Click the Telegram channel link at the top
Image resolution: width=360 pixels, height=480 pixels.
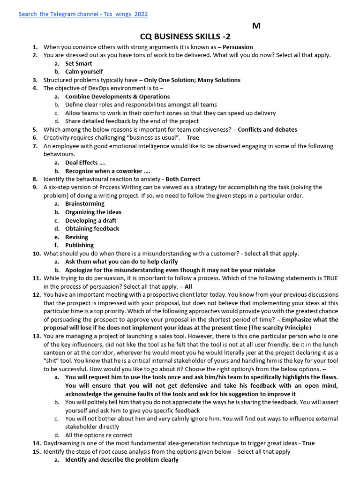[83, 14]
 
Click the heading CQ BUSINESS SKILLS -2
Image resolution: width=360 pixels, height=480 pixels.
[185, 37]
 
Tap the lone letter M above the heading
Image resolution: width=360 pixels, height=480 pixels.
[256, 26]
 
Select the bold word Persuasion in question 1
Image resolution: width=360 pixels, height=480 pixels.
[238, 47]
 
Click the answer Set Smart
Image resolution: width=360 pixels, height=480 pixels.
[78, 63]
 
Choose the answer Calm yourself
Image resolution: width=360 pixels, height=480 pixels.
[84, 72]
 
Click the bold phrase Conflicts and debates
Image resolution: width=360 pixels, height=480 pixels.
[267, 129]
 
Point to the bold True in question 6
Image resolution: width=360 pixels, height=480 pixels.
[193, 138]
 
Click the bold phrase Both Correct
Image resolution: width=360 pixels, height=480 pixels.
[183, 179]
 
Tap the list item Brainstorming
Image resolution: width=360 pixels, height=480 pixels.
[85, 204]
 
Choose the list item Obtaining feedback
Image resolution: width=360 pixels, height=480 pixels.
[92, 229]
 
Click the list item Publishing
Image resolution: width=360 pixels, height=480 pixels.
[79, 245]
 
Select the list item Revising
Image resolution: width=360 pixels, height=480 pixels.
[76, 237]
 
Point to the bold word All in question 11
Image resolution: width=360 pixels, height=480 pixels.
[188, 286]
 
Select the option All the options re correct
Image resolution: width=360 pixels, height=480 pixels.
[98, 435]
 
